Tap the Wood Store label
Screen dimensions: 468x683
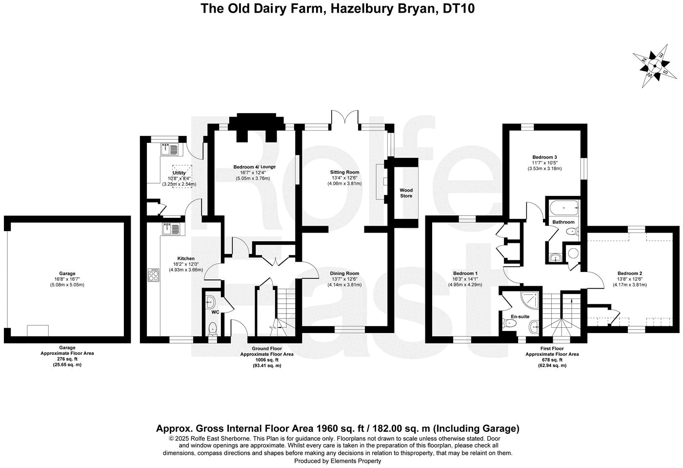click(x=406, y=193)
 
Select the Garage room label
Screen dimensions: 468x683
click(x=67, y=273)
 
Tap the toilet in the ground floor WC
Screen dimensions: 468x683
click(x=213, y=328)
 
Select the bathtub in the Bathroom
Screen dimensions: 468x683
click(x=563, y=208)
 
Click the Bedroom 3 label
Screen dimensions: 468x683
click(x=544, y=157)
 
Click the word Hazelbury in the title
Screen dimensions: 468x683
click(x=357, y=9)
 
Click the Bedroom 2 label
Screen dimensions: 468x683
click(x=629, y=273)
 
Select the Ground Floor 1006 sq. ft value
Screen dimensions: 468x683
click(x=266, y=360)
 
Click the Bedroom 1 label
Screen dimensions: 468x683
click(x=465, y=273)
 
